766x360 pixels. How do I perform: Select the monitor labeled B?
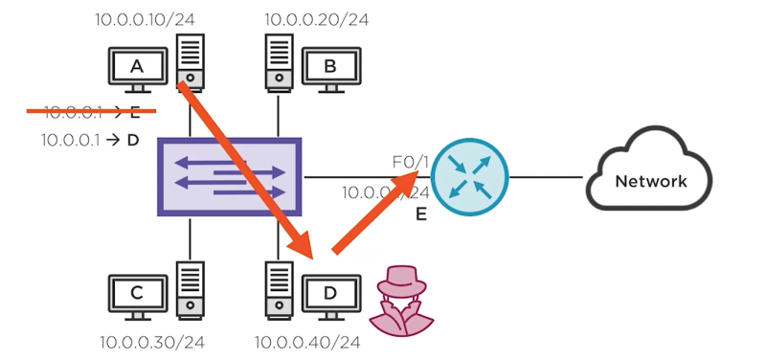click(330, 67)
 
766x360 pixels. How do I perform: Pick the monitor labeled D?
click(330, 292)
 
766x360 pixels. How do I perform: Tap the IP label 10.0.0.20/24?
click(316, 18)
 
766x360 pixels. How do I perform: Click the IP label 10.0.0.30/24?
click(152, 342)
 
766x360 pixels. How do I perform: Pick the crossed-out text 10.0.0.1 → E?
click(92, 113)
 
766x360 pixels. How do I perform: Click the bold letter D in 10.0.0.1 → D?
click(133, 140)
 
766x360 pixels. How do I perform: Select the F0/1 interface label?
click(409, 163)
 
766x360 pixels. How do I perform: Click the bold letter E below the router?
click(420, 215)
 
